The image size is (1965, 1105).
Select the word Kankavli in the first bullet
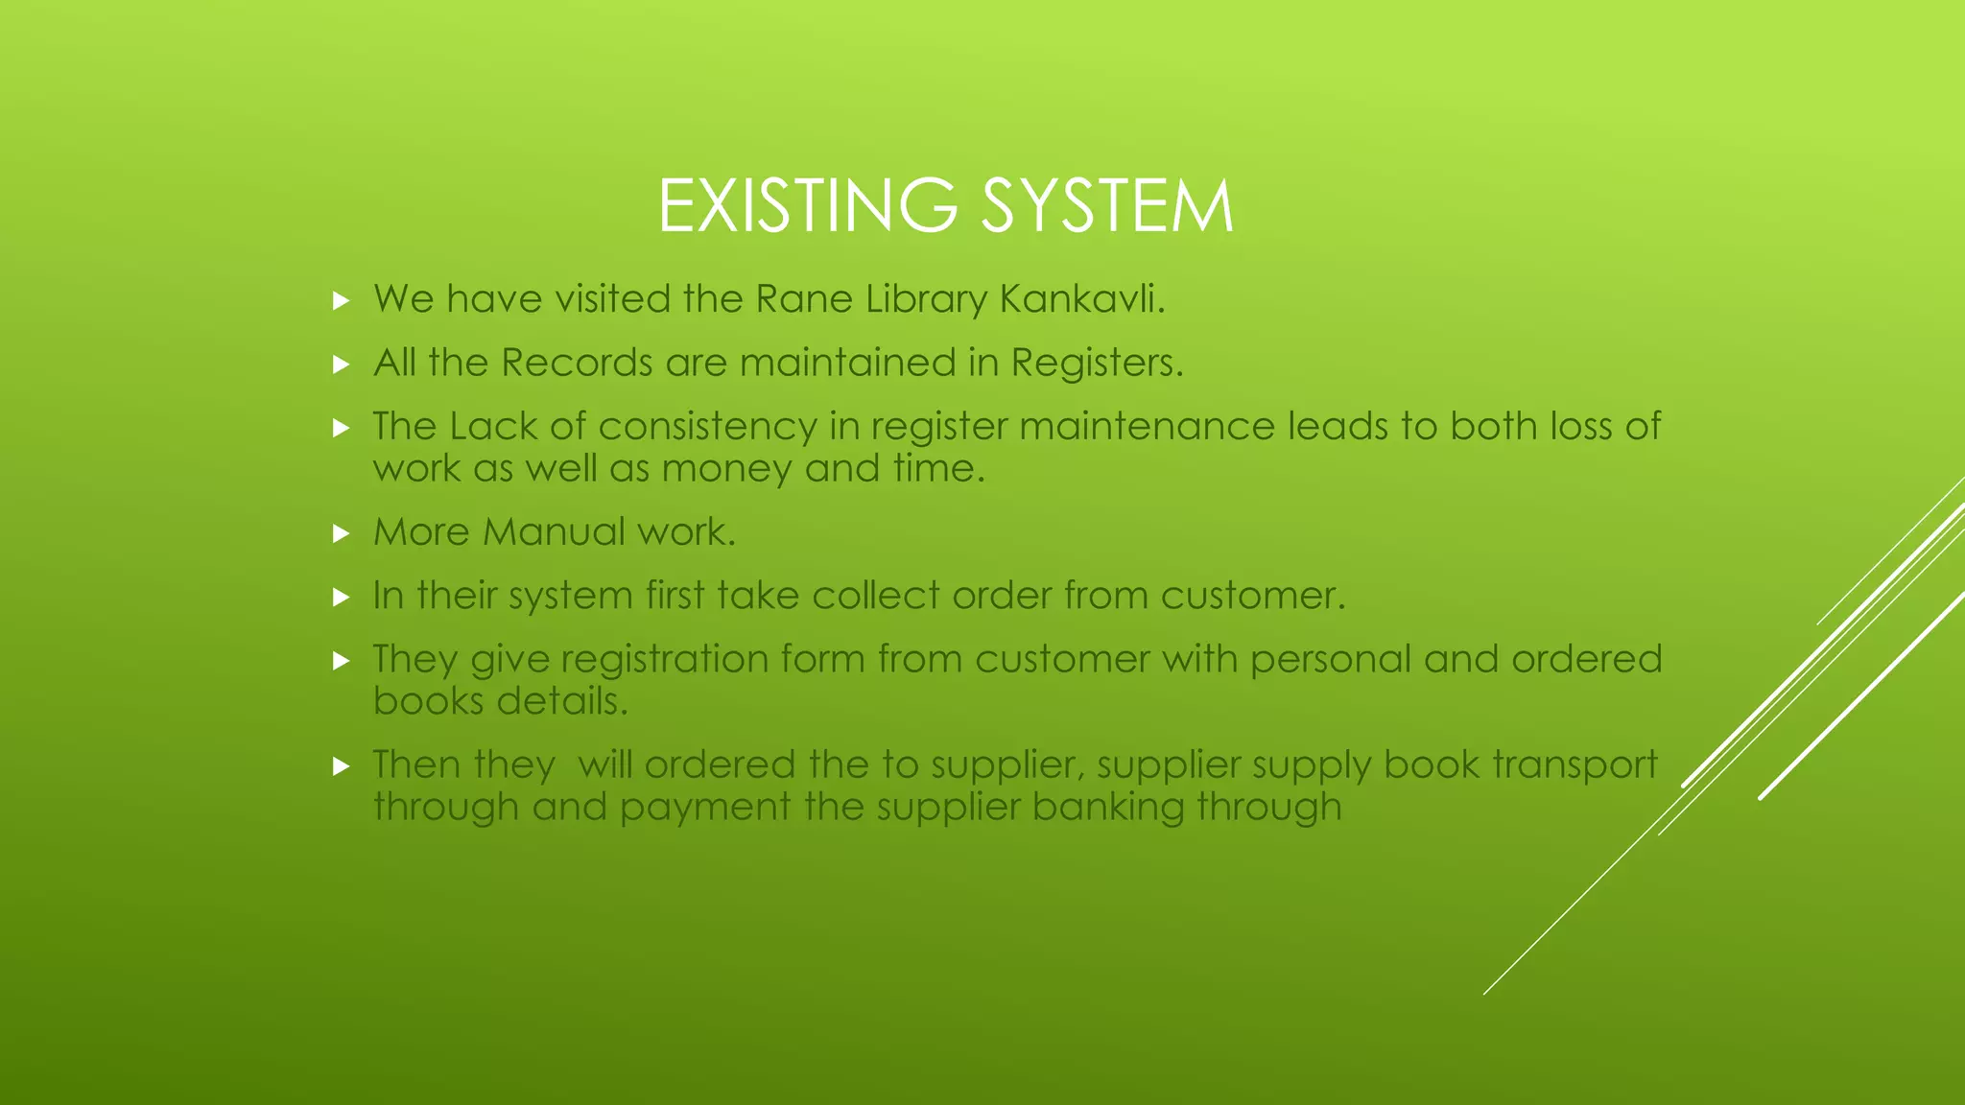(x=1081, y=299)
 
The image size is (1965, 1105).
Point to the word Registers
(x=1097, y=364)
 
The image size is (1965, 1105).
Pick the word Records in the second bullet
(x=577, y=364)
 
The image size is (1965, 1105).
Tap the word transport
(x=1574, y=765)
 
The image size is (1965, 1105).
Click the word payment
(x=705, y=808)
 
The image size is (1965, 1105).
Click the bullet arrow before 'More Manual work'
(x=341, y=533)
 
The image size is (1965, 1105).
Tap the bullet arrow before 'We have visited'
(x=341, y=301)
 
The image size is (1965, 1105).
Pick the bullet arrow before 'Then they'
(x=341, y=766)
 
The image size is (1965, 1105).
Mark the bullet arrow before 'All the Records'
(x=341, y=364)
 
